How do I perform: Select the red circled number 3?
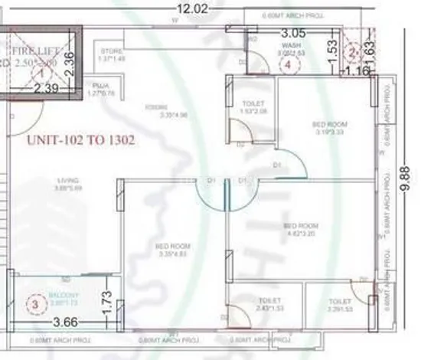click(x=34, y=304)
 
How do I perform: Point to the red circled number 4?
click(x=288, y=65)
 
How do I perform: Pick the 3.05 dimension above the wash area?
click(x=292, y=34)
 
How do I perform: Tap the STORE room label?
click(x=112, y=51)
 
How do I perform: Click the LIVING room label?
click(x=68, y=181)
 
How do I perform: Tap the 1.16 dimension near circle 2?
click(x=357, y=71)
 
